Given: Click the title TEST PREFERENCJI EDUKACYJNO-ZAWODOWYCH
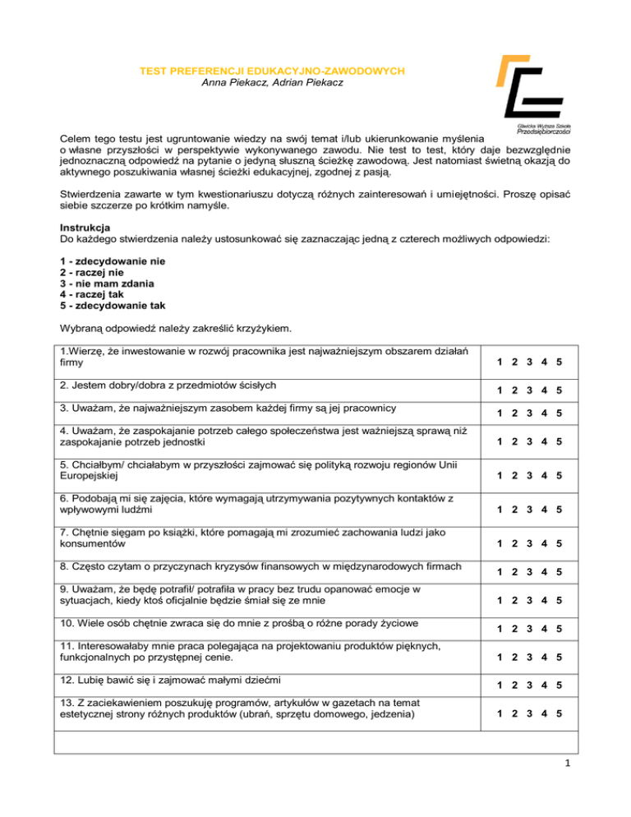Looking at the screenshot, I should point(270,72).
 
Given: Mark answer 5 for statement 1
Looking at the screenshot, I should point(559,363).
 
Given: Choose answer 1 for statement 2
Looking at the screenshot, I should point(500,390).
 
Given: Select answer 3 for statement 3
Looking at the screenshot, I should point(530,416).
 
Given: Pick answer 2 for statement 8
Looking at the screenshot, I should point(515,571).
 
